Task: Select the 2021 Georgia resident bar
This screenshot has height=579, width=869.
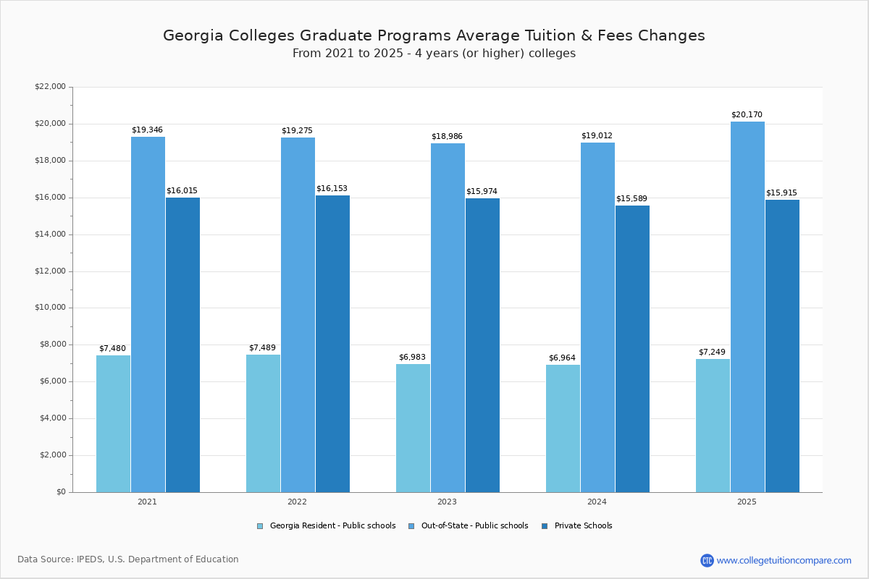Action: pyautogui.click(x=113, y=423)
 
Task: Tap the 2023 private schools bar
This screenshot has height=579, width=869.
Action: pyautogui.click(x=482, y=345)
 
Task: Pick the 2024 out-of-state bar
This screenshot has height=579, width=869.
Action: pyautogui.click(x=597, y=317)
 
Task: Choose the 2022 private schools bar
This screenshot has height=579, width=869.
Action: pyautogui.click(x=332, y=344)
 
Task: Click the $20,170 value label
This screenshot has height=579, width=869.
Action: pyautogui.click(x=747, y=115)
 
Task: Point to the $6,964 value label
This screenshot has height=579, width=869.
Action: pyautogui.click(x=562, y=358)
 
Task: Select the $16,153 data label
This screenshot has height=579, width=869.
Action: pyautogui.click(x=332, y=189)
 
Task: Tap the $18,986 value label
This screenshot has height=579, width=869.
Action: pyautogui.click(x=447, y=137)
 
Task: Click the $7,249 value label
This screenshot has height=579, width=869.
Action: pyautogui.click(x=712, y=352)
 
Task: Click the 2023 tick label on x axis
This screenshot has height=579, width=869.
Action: pyautogui.click(x=447, y=502)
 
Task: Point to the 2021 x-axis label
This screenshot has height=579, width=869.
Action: pyautogui.click(x=147, y=502)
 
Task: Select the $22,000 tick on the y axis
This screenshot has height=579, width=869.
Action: pyautogui.click(x=50, y=87)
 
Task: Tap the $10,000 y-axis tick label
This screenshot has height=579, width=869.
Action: pyautogui.click(x=50, y=308)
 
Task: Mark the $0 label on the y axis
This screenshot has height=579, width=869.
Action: pyautogui.click(x=60, y=492)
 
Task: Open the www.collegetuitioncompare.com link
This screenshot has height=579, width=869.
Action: pyautogui.click(x=784, y=560)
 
